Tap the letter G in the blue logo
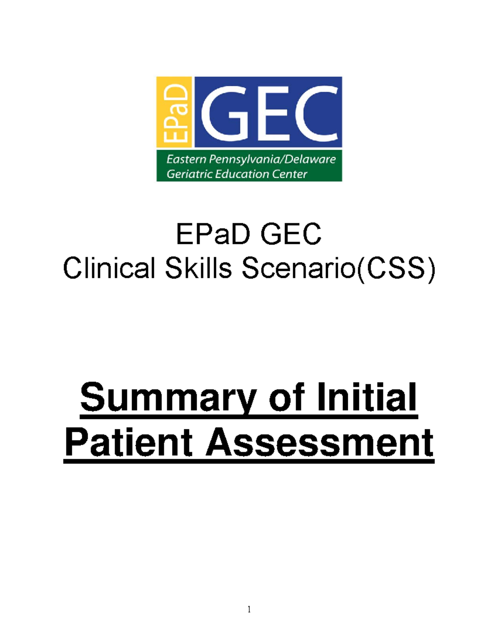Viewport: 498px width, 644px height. [x=226, y=112]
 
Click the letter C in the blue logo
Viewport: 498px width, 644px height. [x=317, y=112]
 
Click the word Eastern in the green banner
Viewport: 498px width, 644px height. [x=186, y=159]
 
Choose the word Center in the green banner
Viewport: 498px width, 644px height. [x=290, y=174]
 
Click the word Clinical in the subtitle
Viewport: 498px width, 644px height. [x=109, y=268]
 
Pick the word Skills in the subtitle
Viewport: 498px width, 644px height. [x=198, y=268]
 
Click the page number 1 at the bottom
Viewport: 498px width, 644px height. [x=249, y=609]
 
